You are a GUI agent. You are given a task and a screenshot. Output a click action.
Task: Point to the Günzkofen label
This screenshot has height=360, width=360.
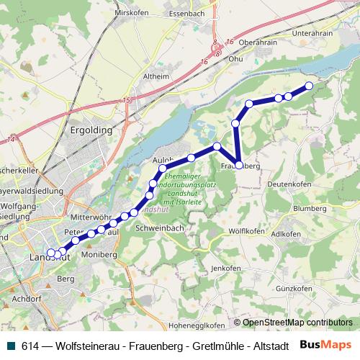[296, 287]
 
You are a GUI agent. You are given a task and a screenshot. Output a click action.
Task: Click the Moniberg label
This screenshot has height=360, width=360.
[99, 255]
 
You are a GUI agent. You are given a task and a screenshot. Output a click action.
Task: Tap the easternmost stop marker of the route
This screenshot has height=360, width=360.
[310, 86]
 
